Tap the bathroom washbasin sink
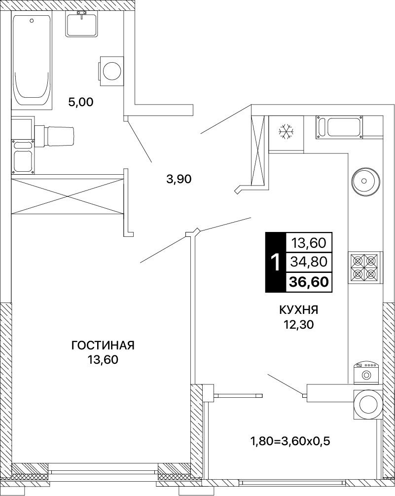click(83, 24)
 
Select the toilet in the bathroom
click(54, 136)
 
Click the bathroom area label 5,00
click(81, 102)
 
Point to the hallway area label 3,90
click(179, 179)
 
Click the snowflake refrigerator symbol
click(286, 131)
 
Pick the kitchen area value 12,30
click(299, 325)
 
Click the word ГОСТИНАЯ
click(103, 345)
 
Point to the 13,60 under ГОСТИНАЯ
click(103, 360)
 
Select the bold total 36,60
click(309, 281)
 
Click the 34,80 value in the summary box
click(309, 262)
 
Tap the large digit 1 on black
click(276, 263)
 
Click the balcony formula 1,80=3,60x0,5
click(290, 441)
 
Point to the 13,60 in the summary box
click(309, 243)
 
